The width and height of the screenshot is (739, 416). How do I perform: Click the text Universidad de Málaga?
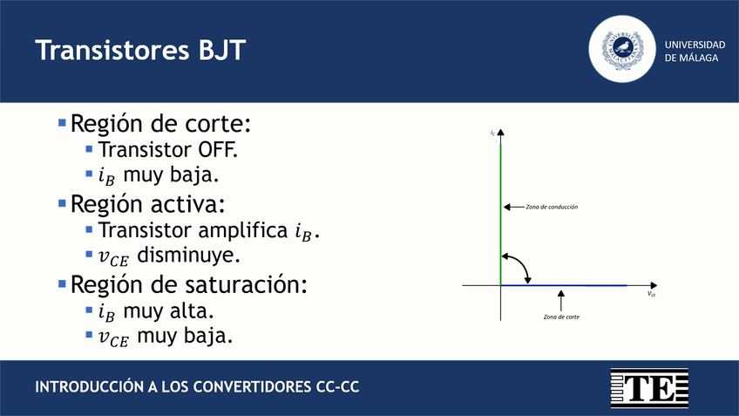pos(695,51)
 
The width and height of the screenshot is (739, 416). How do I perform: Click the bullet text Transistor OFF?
pos(167,149)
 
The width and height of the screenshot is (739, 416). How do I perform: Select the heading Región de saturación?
pos(189,284)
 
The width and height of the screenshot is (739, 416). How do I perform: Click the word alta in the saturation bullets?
pos(195,310)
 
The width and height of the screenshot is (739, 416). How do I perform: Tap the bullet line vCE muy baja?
pos(166,337)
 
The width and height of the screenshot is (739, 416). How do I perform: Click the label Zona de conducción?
pos(552,208)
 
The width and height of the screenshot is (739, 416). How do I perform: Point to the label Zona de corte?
pos(560,317)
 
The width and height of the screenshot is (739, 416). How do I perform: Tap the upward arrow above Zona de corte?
pos(560,299)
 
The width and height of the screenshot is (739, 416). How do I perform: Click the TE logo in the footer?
pos(648,386)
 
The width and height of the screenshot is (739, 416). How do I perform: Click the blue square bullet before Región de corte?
pos(62,123)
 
